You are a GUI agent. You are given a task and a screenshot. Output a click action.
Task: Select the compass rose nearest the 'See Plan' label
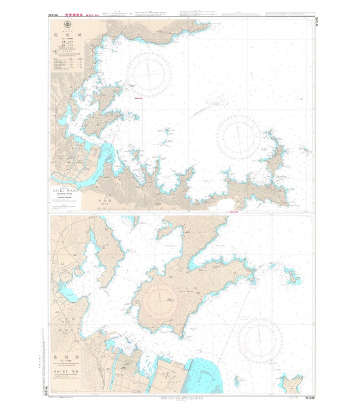coord(149,72)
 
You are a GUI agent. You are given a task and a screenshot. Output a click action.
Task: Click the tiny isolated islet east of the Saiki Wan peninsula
coord(306,151)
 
